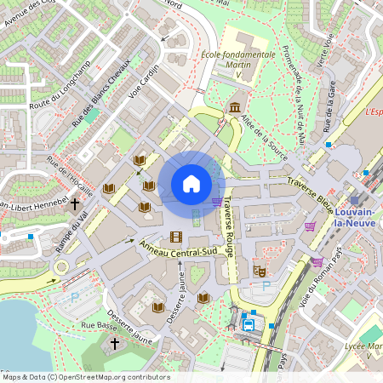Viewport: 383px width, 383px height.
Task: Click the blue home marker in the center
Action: click(191, 184)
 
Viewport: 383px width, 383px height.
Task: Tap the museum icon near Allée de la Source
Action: click(234, 106)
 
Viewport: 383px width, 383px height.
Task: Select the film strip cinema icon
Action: click(176, 237)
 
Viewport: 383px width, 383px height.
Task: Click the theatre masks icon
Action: click(260, 271)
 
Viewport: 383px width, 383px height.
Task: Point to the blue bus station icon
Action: click(249, 323)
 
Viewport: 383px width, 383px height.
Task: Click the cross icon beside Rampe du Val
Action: click(75, 204)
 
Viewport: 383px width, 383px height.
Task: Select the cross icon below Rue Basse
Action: click(115, 343)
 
